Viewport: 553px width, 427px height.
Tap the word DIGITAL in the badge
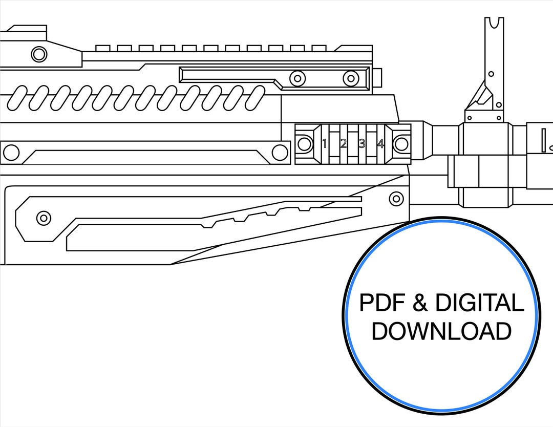480,303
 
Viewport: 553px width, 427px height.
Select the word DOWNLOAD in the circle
441,331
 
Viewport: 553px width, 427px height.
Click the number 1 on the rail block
325,143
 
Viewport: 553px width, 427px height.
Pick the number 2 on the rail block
343,143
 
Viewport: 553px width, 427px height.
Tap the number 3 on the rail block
362,143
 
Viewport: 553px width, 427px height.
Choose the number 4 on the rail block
380,143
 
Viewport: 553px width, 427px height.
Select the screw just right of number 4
401,144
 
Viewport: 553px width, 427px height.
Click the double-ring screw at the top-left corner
39,54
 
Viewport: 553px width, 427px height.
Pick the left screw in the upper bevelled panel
297,78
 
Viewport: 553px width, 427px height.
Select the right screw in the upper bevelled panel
351,78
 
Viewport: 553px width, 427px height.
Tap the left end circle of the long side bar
11,153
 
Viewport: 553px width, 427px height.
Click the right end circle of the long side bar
280,153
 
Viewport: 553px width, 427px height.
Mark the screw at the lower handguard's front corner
396,198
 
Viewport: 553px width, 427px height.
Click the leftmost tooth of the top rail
103,48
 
